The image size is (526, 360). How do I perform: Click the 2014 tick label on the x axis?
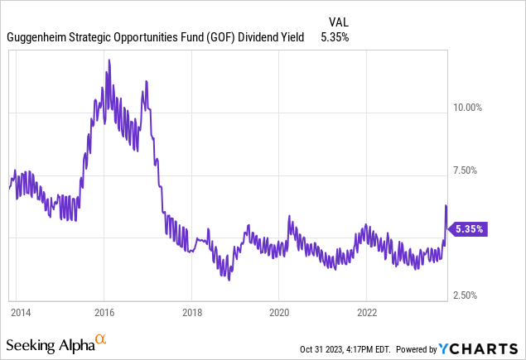tap(20, 313)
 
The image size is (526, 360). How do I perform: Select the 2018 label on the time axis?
tap(191, 313)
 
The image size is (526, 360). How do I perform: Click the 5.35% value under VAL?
tap(335, 37)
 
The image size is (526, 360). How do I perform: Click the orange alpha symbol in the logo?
tap(101, 339)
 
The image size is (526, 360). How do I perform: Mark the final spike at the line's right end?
tap(446, 205)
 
